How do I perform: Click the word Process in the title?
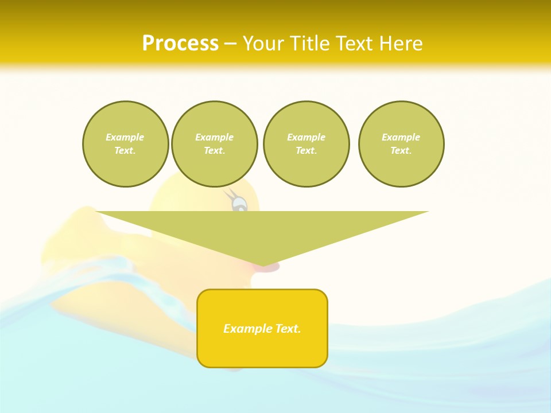point(180,44)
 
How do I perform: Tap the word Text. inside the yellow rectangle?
point(286,329)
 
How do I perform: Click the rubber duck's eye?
point(239,203)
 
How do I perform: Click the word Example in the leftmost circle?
point(125,137)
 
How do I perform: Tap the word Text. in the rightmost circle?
point(401,150)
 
